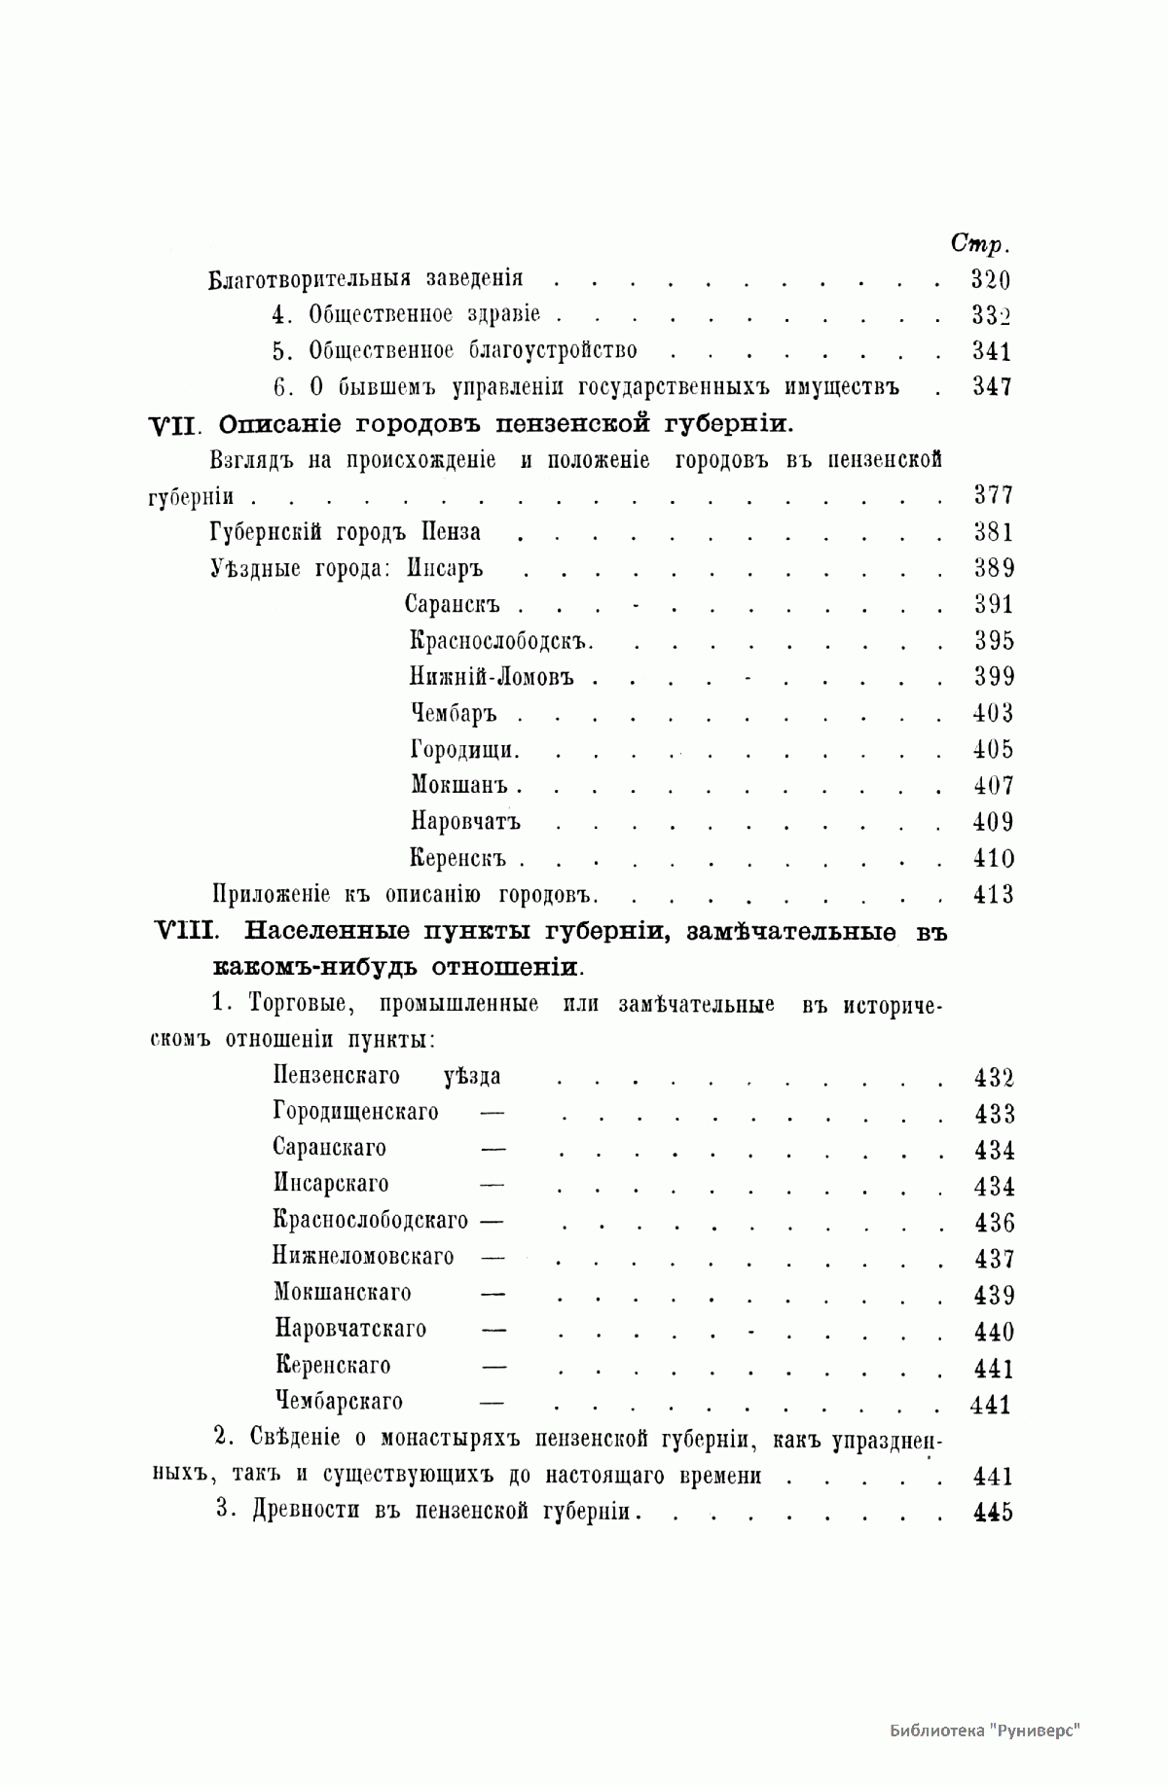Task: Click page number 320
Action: coord(991,280)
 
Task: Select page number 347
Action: coord(992,387)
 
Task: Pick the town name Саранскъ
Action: coord(452,605)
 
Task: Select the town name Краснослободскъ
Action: coord(501,642)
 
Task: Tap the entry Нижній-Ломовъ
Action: coord(492,678)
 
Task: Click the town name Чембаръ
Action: coord(454,714)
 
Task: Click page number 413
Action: coord(993,895)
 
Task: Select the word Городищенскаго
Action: coord(355,1112)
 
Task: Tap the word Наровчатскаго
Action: coord(350,1330)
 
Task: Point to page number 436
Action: coord(994,1223)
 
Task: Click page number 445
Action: coord(993,1513)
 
